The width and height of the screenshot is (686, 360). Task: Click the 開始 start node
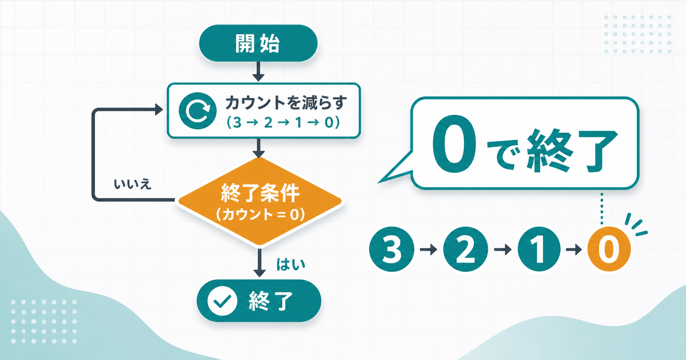[258, 43]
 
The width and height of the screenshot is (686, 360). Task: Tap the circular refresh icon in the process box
[197, 111]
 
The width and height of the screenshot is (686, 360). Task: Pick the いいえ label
[132, 184]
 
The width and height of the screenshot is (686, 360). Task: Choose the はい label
[290, 265]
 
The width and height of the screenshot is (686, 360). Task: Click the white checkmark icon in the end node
[222, 301]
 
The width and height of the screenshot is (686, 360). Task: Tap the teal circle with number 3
[392, 249]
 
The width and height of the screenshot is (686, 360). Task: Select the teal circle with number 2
[465, 249]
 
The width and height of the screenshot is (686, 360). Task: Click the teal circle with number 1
[539, 249]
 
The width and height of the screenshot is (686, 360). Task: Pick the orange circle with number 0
[609, 249]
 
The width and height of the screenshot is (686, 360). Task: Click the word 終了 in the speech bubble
[571, 150]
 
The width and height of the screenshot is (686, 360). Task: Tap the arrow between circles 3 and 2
[428, 250]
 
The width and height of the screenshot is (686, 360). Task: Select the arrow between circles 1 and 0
[574, 250]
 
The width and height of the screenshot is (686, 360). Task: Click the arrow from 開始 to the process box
[258, 72]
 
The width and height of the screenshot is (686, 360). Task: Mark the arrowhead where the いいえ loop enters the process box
[159, 110]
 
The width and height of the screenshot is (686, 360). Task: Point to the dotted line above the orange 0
[602, 208]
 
